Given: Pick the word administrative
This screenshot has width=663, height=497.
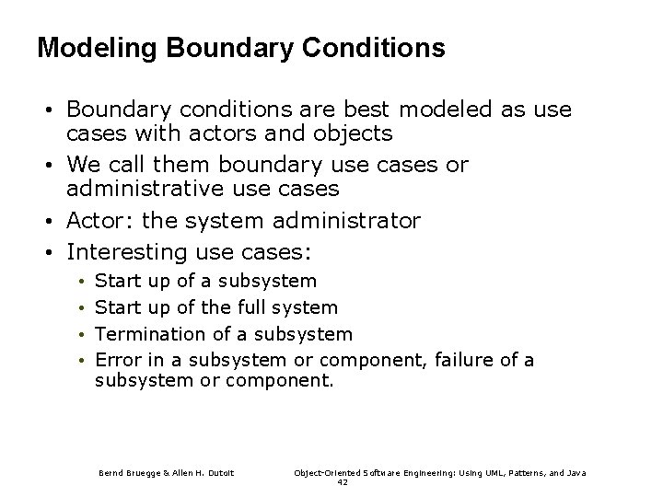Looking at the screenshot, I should click(x=150, y=189).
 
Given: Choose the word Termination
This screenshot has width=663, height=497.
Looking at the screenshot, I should click(x=150, y=333).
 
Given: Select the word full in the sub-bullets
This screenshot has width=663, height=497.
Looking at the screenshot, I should click(x=251, y=306).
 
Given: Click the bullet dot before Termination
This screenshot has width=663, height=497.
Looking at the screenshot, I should click(x=82, y=334).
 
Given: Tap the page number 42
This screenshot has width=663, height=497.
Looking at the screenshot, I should click(x=343, y=481).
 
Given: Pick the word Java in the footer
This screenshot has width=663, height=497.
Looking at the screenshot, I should click(x=576, y=473).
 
